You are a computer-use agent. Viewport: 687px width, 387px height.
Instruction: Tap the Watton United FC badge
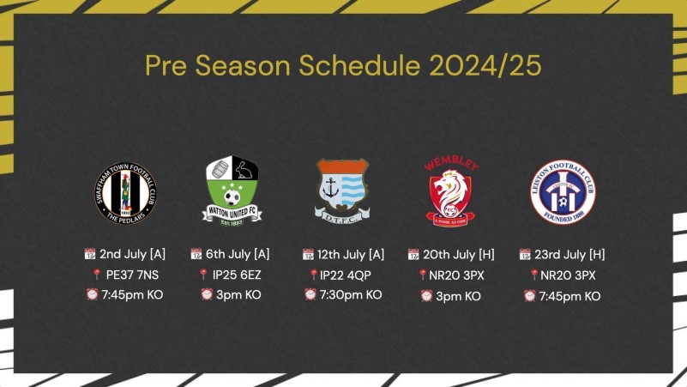[x=232, y=190]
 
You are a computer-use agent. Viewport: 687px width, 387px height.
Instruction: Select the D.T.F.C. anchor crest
[x=341, y=190]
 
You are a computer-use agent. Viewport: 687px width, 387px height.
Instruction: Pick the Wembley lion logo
[x=452, y=191]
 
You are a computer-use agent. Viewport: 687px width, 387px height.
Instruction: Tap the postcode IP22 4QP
[x=347, y=275]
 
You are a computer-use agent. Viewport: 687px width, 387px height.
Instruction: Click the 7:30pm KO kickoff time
[x=350, y=294]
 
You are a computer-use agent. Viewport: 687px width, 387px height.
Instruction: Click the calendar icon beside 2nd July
[x=89, y=254]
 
